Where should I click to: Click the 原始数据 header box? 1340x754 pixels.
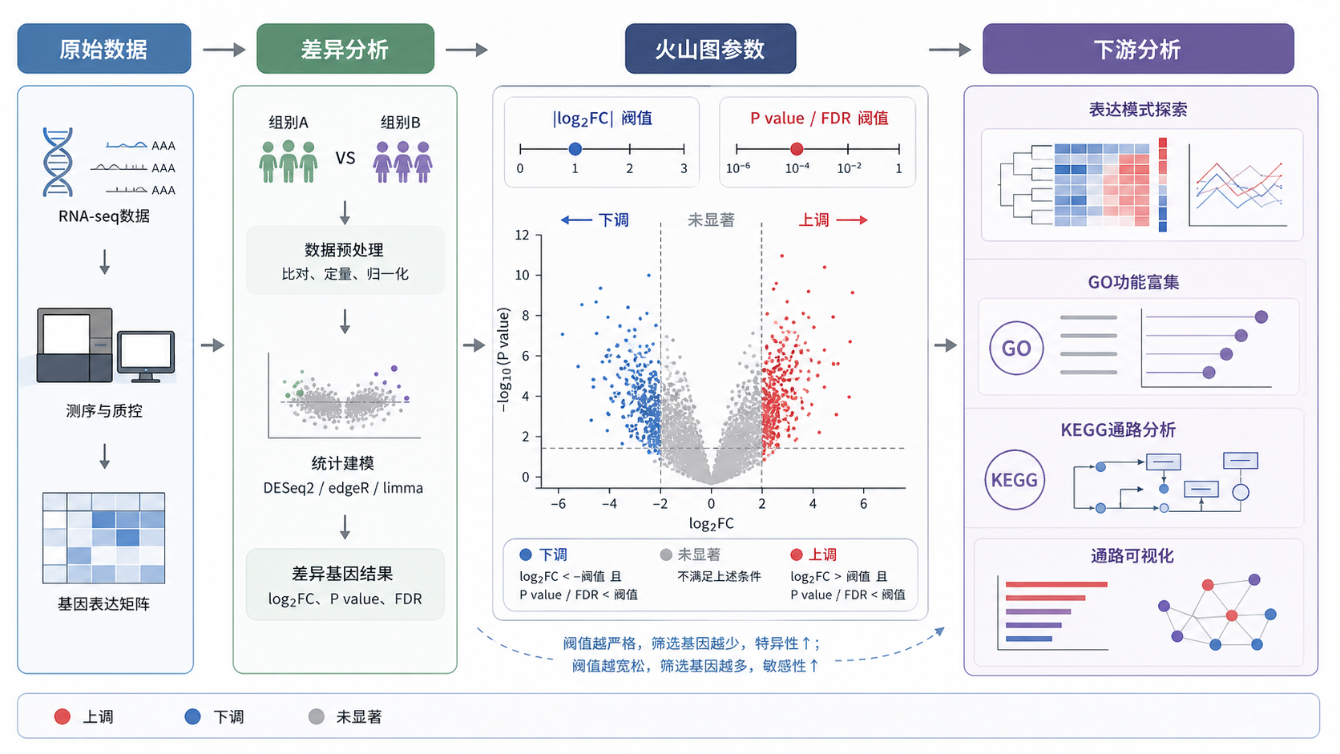point(104,48)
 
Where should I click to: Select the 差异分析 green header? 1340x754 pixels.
point(345,48)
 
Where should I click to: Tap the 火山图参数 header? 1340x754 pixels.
point(710,48)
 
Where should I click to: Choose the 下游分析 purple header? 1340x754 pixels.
point(1138,48)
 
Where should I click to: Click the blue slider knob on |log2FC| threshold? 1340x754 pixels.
point(575,148)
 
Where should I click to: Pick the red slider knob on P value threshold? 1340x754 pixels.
point(796,149)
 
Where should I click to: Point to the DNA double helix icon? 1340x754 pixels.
point(58,162)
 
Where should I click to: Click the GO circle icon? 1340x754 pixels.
point(1015,348)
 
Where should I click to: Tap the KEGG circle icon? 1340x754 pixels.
point(1015,479)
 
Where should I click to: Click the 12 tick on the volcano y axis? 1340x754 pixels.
point(523,235)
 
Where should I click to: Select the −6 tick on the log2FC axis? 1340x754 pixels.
point(558,504)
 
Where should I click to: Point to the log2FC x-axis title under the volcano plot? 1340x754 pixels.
point(712,524)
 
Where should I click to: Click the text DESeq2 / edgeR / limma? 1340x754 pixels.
point(343,488)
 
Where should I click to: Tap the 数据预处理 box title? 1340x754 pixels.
point(344,249)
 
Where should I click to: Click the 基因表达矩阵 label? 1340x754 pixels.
point(103,604)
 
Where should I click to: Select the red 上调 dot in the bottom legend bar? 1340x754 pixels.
point(63,716)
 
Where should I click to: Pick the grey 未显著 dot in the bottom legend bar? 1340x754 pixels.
point(317,716)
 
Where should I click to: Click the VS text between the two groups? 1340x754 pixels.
point(345,159)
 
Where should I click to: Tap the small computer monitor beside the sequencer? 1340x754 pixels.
point(146,357)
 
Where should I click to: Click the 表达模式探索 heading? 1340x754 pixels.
point(1138,110)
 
